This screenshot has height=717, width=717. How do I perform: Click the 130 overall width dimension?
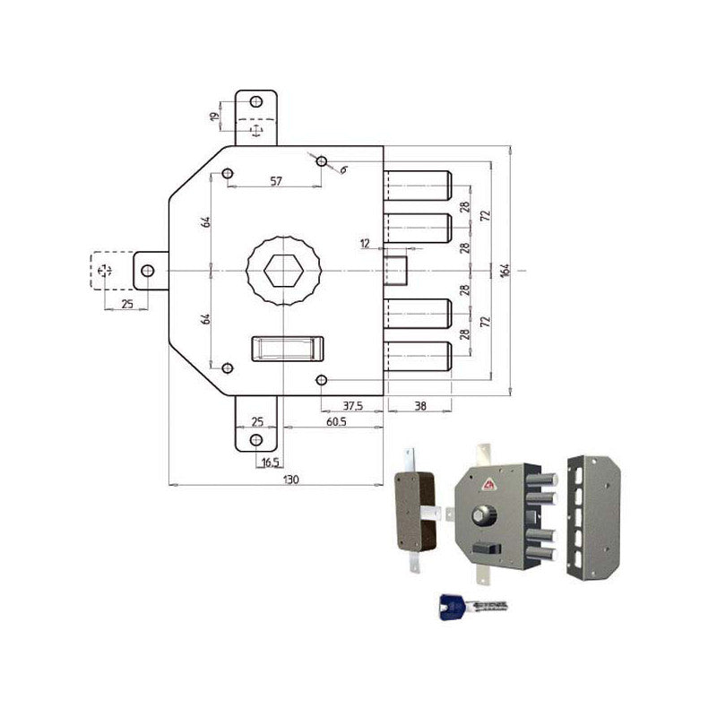pos(290,479)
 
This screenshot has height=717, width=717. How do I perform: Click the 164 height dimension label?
pos(505,269)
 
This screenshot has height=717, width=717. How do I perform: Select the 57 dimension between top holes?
pos(276,181)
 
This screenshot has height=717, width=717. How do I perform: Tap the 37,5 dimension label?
pos(352,405)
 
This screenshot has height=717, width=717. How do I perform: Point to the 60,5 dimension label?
pos(336,420)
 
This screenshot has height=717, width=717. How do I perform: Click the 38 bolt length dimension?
pos(420,405)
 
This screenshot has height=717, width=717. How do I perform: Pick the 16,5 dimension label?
pos(268,462)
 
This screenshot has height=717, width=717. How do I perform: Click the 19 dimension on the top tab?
pos(214,117)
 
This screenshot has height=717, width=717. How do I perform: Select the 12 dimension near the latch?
pos(365,244)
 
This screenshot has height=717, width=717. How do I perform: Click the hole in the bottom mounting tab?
pos(257,439)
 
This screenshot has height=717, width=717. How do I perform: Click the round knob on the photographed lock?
pos(485,516)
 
